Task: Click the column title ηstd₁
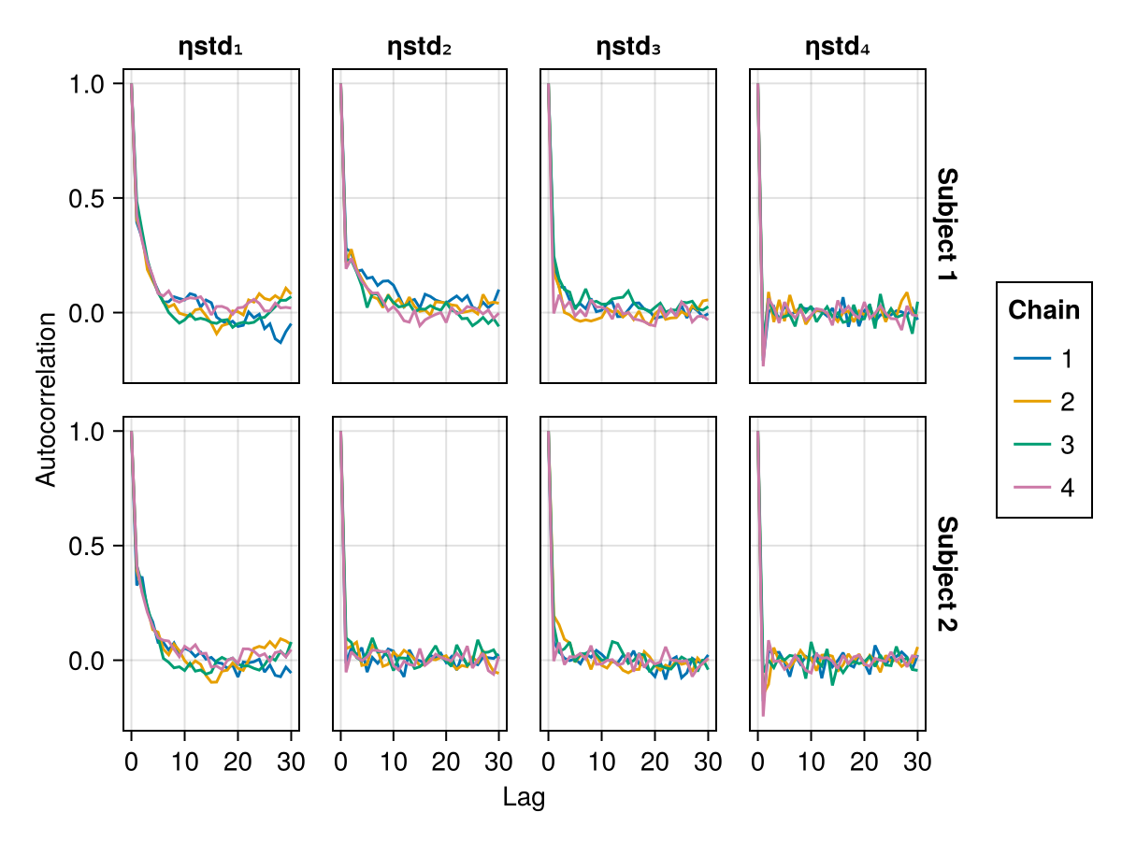211,48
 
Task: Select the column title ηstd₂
420,48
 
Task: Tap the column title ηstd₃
628,48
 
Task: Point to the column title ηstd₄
838,48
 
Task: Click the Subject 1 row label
946,226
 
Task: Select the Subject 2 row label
946,574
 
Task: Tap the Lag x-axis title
524,798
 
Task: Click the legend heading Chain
1043,310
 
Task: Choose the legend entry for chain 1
1043,359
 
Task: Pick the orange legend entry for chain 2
1043,402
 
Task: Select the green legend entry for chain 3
1043,445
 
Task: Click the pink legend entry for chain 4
1043,488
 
